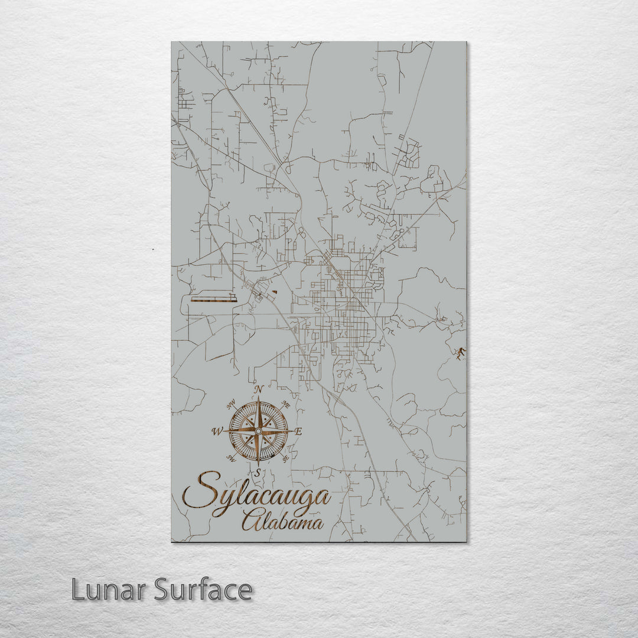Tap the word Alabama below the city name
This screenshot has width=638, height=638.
(282, 522)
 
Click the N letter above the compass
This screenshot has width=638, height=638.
(258, 389)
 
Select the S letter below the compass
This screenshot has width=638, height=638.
(258, 472)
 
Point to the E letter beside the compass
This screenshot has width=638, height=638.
(298, 432)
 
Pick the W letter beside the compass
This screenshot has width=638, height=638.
(217, 432)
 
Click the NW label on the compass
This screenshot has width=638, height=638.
(231, 405)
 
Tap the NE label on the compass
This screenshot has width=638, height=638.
(286, 405)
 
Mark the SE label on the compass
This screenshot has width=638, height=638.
(286, 458)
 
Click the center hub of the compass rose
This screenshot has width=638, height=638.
(258, 432)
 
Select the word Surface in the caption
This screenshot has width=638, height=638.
(203, 590)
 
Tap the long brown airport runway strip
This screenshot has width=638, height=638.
(213, 300)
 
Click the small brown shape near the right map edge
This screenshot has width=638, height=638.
(460, 353)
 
